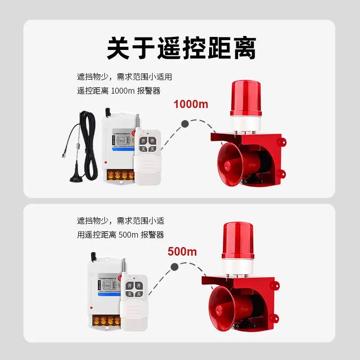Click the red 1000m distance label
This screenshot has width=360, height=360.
point(191,104)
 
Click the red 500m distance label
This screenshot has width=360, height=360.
point(182,252)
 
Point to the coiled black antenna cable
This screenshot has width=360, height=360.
point(88,144)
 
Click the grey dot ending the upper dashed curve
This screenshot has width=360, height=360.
point(184,124)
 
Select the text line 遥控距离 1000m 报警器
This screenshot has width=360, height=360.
point(119,91)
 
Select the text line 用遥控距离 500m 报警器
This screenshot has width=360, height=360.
point(120,235)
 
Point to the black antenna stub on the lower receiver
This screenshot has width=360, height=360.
point(94,256)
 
